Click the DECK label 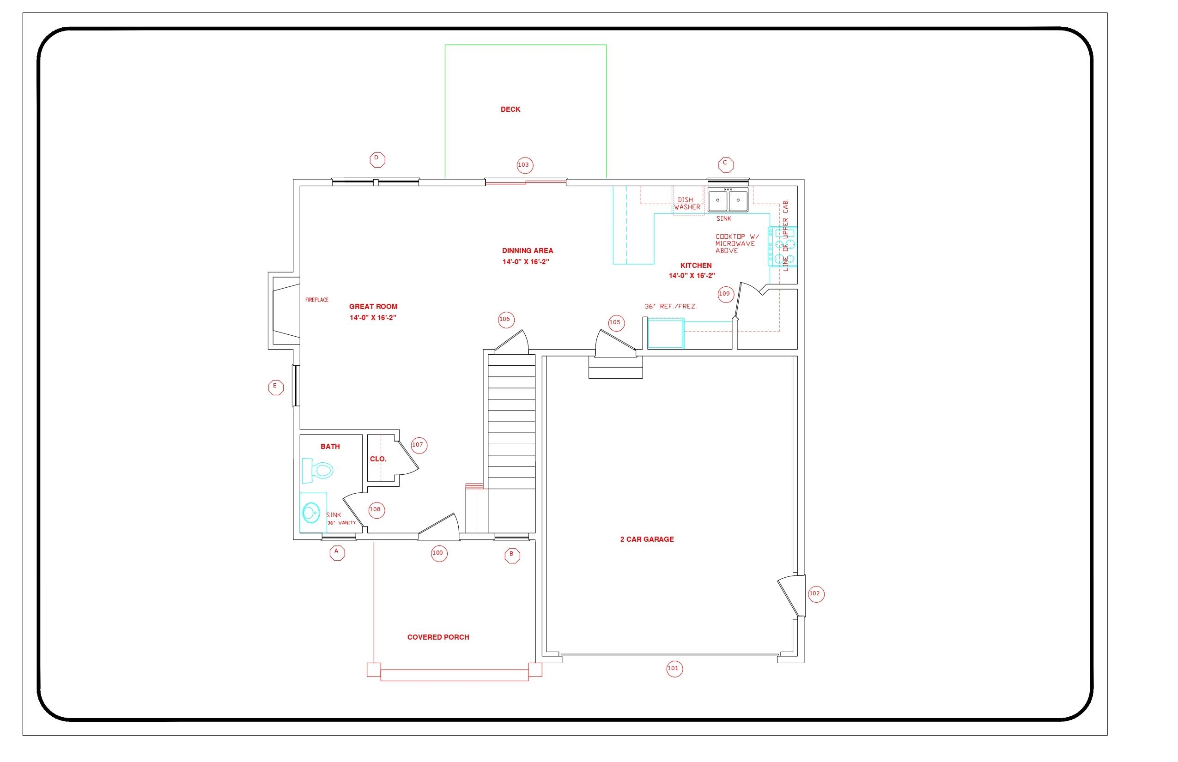(x=510, y=109)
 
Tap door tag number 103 (x=525, y=165)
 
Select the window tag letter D (x=377, y=159)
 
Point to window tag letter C (x=726, y=164)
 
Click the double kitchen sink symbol (x=728, y=200)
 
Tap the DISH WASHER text (x=687, y=203)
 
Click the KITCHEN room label (x=695, y=266)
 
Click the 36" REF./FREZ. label (x=670, y=307)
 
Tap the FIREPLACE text (x=317, y=300)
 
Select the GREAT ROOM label (x=373, y=307)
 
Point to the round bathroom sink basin (x=311, y=513)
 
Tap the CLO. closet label (x=378, y=459)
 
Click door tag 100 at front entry (x=438, y=553)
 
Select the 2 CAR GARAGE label (x=646, y=539)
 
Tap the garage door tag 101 (x=674, y=669)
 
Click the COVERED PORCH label (x=438, y=637)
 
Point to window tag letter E (x=276, y=387)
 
